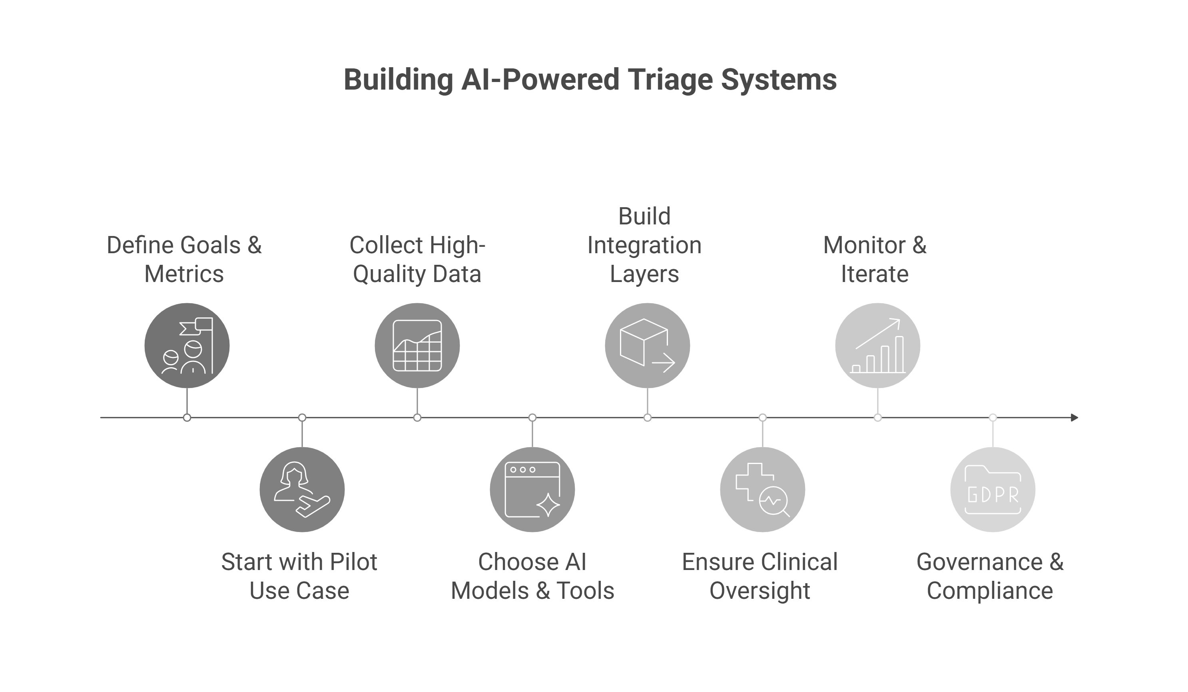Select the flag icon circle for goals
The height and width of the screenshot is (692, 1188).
[187, 346]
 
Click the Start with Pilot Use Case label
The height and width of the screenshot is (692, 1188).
[299, 576]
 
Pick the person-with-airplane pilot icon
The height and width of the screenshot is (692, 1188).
[302, 490]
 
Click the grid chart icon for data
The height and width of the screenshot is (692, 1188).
[417, 346]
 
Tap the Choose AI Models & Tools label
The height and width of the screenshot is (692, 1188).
[532, 576]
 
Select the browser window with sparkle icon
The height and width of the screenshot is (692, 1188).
[532, 490]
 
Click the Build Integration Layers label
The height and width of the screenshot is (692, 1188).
[644, 245]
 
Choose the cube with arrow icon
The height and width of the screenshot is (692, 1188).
[647, 346]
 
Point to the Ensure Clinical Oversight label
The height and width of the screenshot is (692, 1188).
[760, 576]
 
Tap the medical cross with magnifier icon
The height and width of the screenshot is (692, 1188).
[762, 490]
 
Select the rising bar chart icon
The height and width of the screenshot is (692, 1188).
[877, 346]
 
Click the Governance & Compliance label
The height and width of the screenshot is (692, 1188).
[990, 576]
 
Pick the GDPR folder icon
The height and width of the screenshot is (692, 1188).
[993, 490]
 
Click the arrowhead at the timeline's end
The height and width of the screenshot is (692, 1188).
[1074, 418]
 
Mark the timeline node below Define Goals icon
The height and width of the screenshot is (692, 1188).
[187, 418]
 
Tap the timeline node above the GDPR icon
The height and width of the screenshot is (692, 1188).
[993, 418]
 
